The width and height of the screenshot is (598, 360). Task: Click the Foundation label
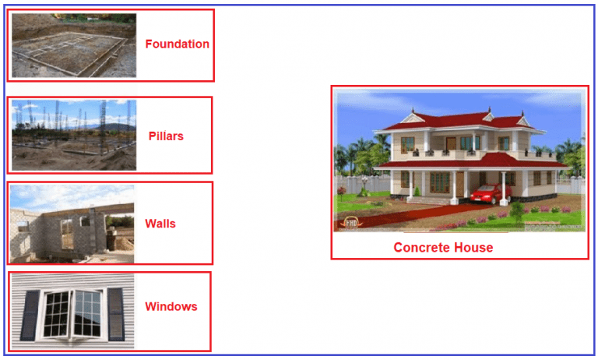[x=177, y=44]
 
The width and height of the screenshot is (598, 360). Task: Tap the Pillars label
[x=166, y=136]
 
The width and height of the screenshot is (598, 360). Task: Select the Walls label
[x=160, y=224]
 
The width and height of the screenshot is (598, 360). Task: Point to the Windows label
[x=171, y=306]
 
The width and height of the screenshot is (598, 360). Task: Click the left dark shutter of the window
[x=30, y=314]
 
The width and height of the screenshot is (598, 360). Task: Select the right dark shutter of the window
[x=115, y=314]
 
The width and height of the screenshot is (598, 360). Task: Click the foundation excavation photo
[x=73, y=45]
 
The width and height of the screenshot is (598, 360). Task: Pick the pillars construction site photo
[x=73, y=135]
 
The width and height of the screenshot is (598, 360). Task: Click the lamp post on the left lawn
[x=364, y=185]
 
